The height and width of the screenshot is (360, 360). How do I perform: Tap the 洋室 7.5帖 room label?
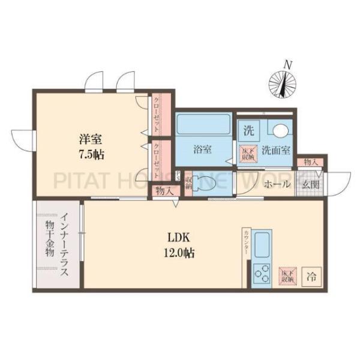(x=90, y=146)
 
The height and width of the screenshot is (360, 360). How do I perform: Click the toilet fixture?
(x=205, y=185)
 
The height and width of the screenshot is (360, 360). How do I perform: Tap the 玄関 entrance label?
(x=310, y=184)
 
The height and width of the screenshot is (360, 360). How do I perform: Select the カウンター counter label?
(x=246, y=246)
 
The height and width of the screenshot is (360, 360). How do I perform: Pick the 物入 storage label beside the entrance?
(x=310, y=163)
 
